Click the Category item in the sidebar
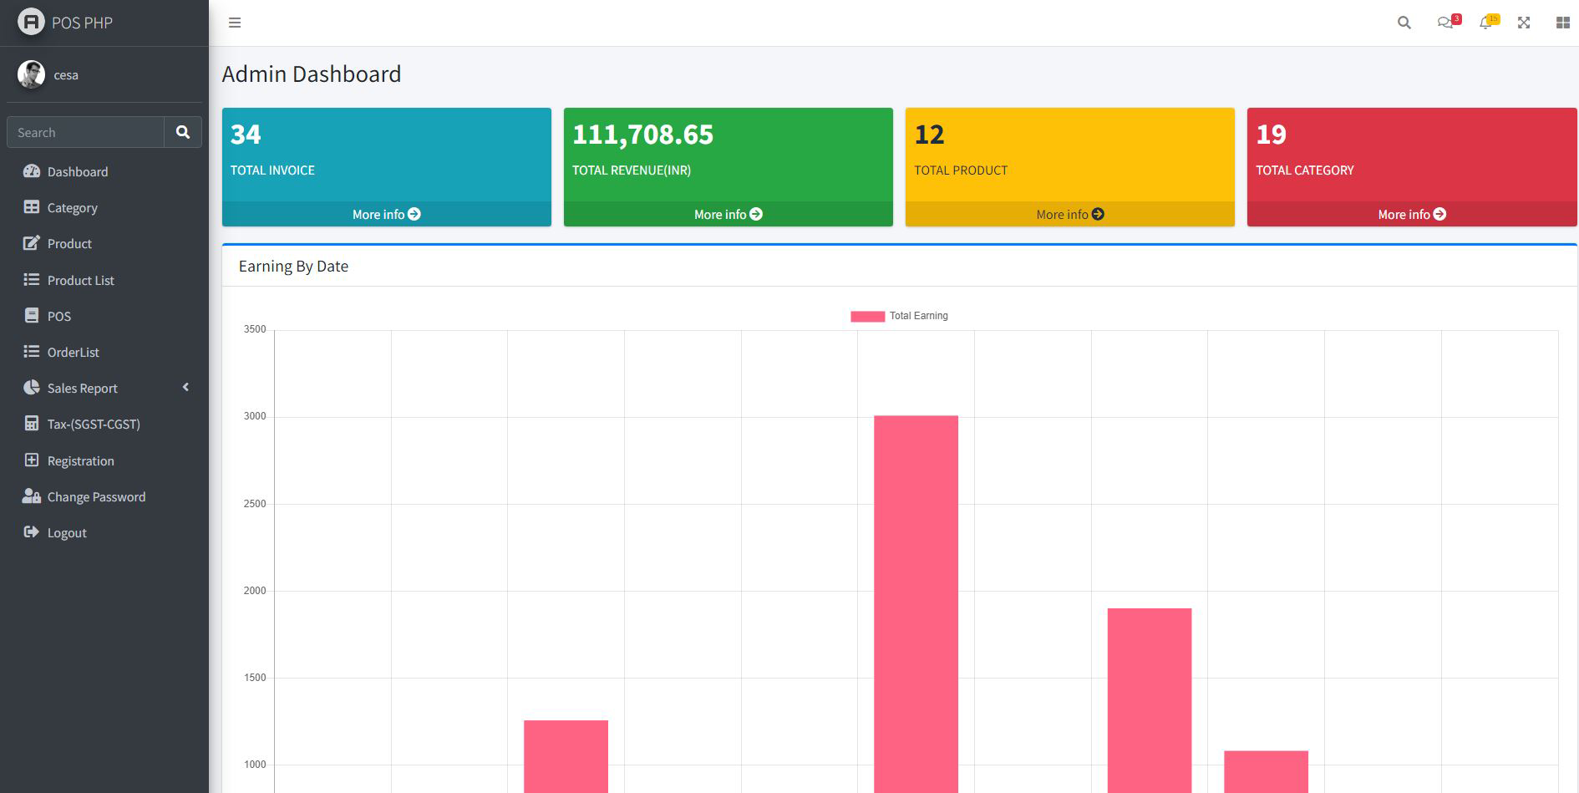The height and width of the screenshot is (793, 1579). click(72, 208)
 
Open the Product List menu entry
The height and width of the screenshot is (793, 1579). click(80, 281)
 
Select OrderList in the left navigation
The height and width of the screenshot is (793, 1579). click(73, 353)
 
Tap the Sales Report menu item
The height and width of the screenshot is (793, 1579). click(82, 389)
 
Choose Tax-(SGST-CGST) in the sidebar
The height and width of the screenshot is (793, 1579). click(93, 424)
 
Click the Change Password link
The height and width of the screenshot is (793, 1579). click(96, 497)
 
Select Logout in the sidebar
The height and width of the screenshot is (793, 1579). click(67, 533)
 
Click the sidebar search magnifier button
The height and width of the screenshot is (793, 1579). click(183, 132)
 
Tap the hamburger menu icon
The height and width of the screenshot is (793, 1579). click(235, 23)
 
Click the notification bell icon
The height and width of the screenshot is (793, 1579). click(1485, 23)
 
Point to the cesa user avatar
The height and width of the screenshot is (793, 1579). click(31, 74)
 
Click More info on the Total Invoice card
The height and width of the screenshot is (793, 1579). click(386, 215)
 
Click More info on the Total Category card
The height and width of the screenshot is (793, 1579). click(1411, 215)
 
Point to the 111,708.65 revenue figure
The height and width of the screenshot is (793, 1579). click(642, 135)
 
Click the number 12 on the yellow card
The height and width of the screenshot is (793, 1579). click(929, 135)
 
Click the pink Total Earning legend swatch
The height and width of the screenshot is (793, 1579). click(867, 317)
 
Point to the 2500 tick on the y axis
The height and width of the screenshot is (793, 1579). click(255, 504)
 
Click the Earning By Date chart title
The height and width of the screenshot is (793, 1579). click(293, 267)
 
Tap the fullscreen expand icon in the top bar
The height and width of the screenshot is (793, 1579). click(1524, 23)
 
